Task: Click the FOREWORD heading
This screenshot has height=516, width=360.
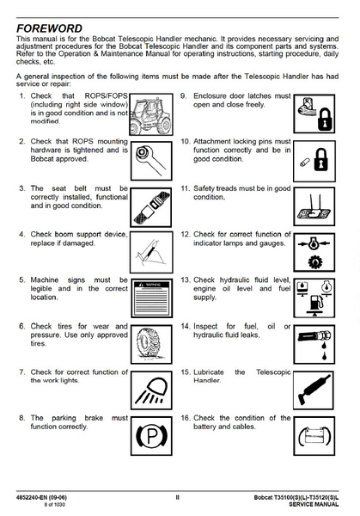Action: tap(49, 28)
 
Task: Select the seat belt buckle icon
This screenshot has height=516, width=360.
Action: tap(151, 207)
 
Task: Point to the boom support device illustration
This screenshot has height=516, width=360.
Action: tap(151, 252)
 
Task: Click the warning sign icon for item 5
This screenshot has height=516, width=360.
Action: tap(151, 298)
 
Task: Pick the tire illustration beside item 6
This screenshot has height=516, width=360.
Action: tap(151, 344)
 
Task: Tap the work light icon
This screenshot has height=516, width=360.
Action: tap(151, 390)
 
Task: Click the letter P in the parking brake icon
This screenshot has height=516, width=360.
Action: tap(152, 436)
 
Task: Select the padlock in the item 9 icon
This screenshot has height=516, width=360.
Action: tap(325, 120)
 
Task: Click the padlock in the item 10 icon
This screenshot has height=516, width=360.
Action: tap(321, 160)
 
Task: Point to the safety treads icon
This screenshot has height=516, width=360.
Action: tap(314, 206)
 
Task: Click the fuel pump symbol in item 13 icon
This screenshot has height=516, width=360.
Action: tap(315, 303)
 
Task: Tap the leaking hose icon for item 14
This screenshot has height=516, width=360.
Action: tap(314, 344)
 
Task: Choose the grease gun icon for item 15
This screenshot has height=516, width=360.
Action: tap(314, 390)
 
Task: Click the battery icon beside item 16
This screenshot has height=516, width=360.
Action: tap(314, 436)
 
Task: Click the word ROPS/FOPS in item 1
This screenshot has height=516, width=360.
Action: tap(106, 95)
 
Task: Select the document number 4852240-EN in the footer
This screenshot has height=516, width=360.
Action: tap(31, 497)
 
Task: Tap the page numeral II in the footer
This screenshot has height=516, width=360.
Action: tap(177, 497)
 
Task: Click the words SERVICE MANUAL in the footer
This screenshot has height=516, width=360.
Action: tap(314, 504)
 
